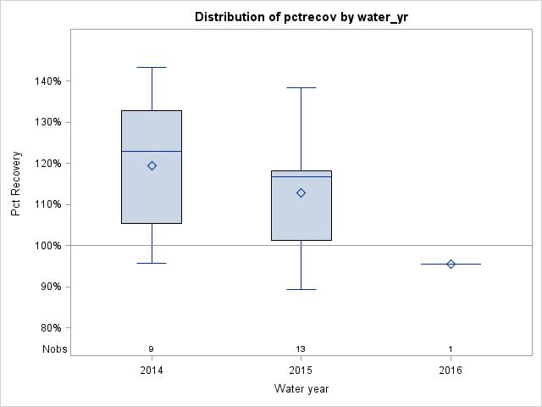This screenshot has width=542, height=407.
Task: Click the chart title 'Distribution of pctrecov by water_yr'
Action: tap(301, 17)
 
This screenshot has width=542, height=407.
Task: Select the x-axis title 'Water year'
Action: tap(301, 389)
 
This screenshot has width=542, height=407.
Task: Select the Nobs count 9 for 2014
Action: tap(152, 348)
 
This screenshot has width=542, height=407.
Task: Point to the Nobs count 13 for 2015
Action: tap(301, 348)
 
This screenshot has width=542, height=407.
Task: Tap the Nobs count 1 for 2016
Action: tap(451, 348)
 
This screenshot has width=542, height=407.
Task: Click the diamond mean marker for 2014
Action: tap(152, 165)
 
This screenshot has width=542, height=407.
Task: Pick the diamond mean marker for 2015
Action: tap(301, 192)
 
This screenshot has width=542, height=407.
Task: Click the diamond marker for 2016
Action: tap(451, 264)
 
